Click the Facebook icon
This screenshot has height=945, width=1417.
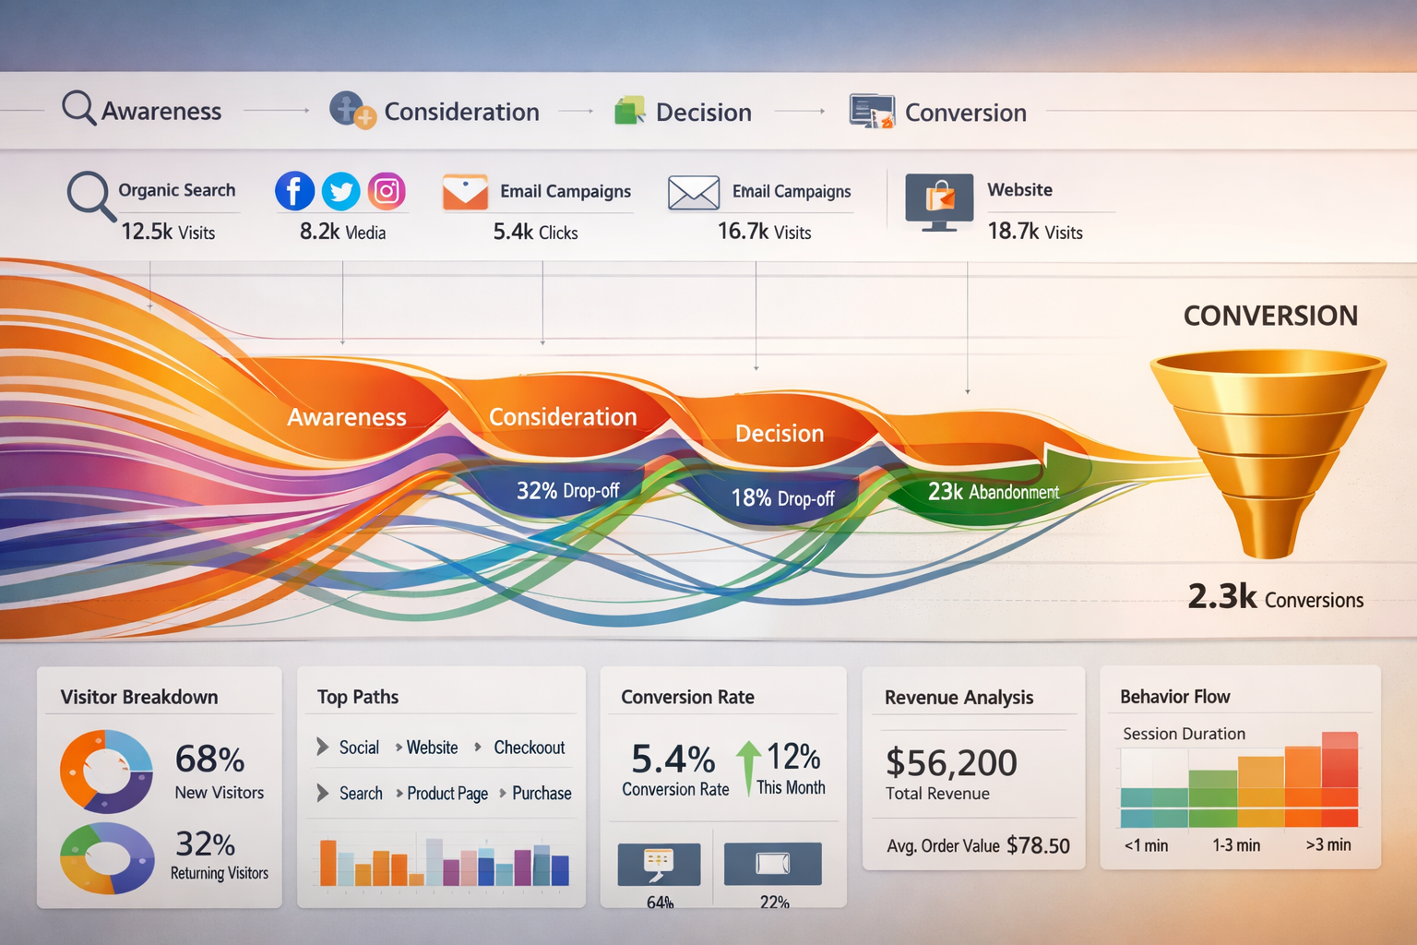(294, 192)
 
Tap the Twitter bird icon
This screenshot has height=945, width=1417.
(340, 192)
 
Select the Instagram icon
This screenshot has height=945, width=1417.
(387, 191)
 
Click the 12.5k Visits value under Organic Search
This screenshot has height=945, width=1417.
(168, 232)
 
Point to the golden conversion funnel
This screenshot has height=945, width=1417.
(1268, 443)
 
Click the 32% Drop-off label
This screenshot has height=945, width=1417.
(567, 491)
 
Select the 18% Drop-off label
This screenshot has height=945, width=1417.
(782, 498)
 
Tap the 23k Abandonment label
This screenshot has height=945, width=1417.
(993, 492)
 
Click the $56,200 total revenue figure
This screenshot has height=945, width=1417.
(951, 763)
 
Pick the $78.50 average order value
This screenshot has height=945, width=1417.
(1038, 845)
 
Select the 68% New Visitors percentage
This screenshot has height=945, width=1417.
(210, 760)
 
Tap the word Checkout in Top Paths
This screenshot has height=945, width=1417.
(529, 748)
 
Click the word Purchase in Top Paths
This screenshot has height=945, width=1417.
(542, 794)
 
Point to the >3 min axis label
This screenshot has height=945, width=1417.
(1328, 844)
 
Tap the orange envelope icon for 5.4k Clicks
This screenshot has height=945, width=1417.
(465, 192)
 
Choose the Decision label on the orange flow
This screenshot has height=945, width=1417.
(780, 434)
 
